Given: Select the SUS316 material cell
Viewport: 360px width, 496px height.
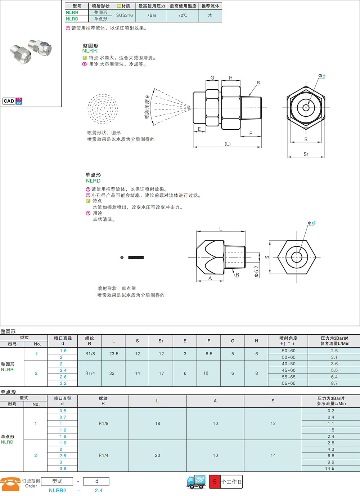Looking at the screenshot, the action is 124,15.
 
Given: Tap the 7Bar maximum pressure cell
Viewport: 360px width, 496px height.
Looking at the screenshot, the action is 152,15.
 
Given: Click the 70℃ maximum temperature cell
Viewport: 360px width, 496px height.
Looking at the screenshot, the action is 183,15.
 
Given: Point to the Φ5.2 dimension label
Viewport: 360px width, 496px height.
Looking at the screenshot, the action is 256,271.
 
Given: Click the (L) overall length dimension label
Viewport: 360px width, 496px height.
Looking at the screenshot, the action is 228,144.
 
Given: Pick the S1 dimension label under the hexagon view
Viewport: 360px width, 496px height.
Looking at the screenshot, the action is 306,154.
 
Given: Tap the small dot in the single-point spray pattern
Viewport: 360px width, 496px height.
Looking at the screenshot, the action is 122,257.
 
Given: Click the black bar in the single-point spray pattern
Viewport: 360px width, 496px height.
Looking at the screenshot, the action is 136,257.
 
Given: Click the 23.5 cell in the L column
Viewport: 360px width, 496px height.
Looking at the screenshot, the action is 113,354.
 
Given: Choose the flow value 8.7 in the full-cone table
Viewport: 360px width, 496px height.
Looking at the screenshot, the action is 334,383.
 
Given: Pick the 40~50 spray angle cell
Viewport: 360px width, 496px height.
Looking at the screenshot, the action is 288,364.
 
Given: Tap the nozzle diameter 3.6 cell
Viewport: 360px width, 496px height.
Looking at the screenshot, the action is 63,468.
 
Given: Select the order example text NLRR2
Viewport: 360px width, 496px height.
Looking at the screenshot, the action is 58,490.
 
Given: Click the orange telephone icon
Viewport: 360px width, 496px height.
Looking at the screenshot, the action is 10,484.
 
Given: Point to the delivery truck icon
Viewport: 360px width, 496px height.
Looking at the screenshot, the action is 196,482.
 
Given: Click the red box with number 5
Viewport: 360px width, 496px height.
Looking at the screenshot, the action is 215,482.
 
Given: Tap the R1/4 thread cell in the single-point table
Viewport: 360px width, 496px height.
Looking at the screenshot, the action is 103,455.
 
